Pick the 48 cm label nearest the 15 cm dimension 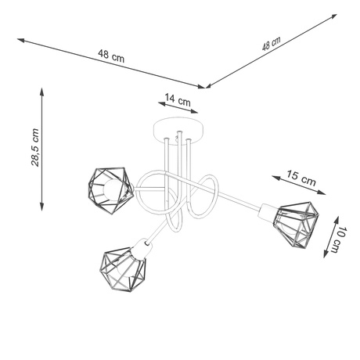[270, 44]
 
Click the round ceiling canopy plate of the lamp [180, 127]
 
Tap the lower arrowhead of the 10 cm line [321, 256]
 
